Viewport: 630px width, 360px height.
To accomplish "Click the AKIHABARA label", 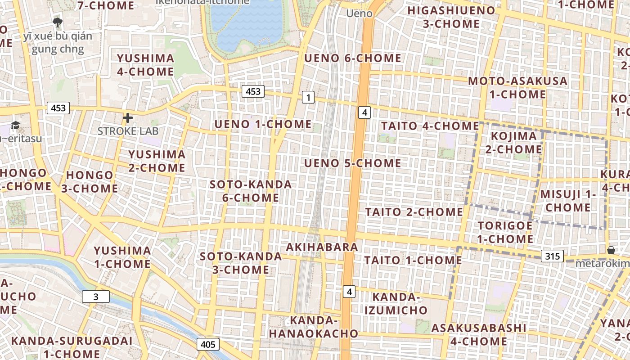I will click(x=322, y=247).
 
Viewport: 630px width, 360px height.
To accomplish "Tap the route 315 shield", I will click(x=552, y=256).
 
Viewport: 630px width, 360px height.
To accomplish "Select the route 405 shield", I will click(x=208, y=344).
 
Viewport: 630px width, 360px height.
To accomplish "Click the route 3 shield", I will click(x=95, y=297).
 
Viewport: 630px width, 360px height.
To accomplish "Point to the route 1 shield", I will click(x=308, y=97).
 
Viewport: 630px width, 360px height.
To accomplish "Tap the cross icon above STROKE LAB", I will click(x=128, y=118).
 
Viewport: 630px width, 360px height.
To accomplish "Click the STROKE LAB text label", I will click(x=128, y=131).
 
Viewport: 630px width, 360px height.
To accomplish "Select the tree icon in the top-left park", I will click(x=57, y=22).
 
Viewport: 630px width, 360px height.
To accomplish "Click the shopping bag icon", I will click(x=611, y=250).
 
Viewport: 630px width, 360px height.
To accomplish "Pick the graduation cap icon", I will click(x=16, y=126).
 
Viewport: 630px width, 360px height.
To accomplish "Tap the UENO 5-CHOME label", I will click(x=353, y=163).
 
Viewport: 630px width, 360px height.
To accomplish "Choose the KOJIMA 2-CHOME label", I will click(x=514, y=142).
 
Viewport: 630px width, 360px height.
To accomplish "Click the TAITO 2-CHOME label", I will click(x=414, y=211).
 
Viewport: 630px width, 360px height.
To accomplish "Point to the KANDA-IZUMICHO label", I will click(x=396, y=303).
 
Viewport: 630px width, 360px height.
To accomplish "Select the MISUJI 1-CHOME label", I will click(x=567, y=201).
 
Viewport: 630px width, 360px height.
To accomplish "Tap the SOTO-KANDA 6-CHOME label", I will click(x=251, y=191).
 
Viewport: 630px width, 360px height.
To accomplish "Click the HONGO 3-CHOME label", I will click(x=90, y=182).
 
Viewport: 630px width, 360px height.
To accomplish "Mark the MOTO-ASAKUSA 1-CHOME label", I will click(x=518, y=88).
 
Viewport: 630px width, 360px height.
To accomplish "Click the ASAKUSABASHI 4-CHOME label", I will click(x=479, y=334).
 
